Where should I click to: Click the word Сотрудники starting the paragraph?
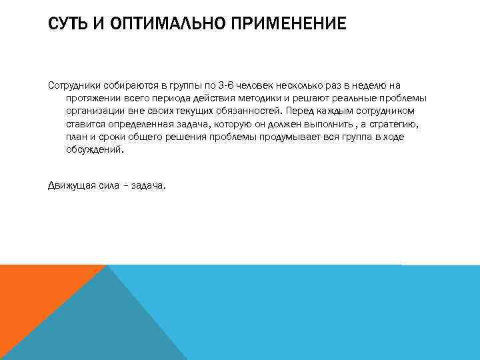[x=74, y=85]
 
